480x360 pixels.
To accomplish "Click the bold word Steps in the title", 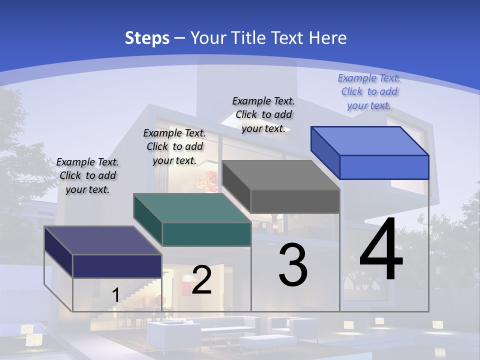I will point(147,38).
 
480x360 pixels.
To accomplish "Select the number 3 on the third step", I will point(293,265).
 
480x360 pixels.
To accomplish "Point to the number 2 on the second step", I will point(201,280).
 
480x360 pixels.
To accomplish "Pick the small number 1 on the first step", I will point(115,295).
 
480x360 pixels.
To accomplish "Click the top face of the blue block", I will point(370,140).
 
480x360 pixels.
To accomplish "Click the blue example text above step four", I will point(369,91).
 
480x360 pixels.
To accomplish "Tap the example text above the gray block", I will point(263,114).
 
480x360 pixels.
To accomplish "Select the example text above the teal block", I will point(174,146).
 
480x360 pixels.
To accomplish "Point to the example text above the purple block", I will point(87,175).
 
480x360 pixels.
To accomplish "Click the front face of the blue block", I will point(384,167).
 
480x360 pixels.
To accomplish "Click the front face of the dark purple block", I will point(117,266).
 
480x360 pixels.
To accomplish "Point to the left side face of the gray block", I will point(236,186).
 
